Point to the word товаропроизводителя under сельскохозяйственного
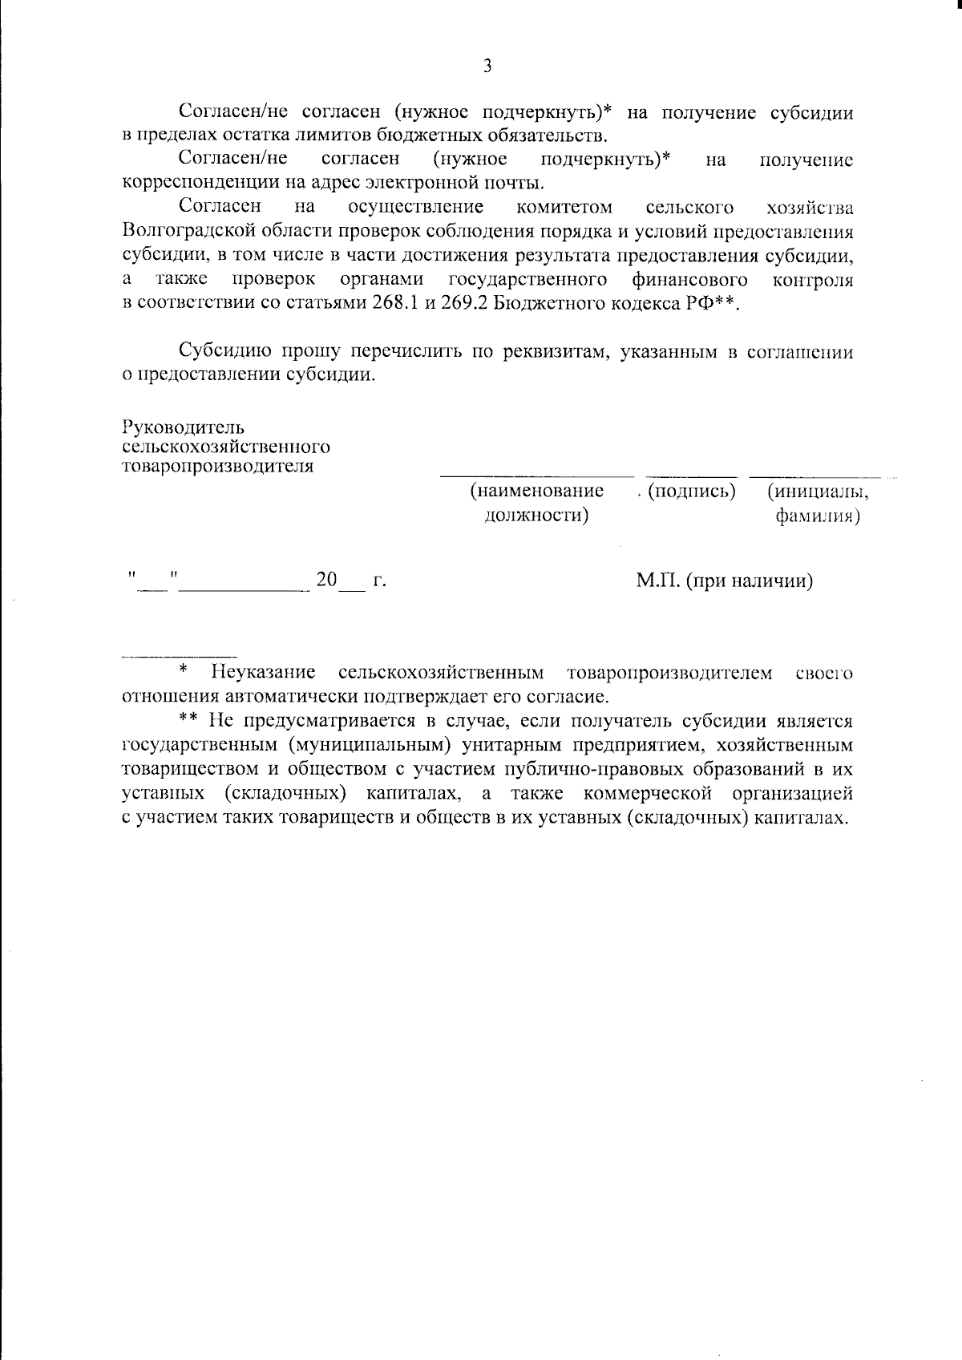217,467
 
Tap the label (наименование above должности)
537,491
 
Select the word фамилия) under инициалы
817,516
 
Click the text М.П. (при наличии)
724,581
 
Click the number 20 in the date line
326,580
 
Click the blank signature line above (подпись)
691,477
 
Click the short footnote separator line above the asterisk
179,655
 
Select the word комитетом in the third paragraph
564,208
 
